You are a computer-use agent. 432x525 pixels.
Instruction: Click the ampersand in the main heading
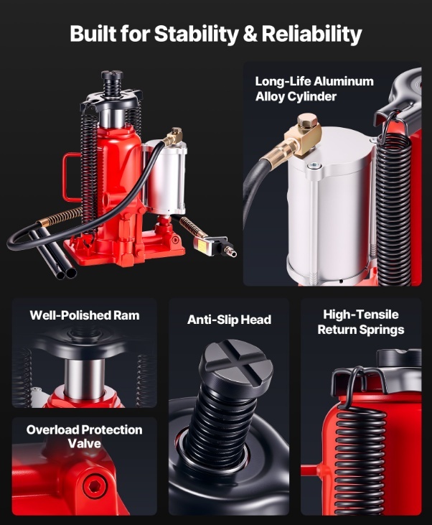(250, 34)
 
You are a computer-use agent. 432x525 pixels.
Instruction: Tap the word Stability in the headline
(196, 34)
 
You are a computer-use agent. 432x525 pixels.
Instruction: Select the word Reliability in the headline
(311, 34)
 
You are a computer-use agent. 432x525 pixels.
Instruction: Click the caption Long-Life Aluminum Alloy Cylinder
(314, 89)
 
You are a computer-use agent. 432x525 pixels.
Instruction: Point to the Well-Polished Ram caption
(85, 315)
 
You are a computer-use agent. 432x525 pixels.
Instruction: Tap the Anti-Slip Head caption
(229, 320)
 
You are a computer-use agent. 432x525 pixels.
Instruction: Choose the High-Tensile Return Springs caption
(361, 322)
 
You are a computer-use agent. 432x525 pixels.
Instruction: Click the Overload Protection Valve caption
(85, 437)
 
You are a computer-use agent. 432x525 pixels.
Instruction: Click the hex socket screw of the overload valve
(95, 485)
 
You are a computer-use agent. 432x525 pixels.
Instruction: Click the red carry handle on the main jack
(72, 177)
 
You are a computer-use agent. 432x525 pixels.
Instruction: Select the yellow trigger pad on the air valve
(202, 243)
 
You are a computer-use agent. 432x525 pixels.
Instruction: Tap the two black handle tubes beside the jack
(54, 254)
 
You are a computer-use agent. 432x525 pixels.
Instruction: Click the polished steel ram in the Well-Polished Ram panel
(85, 378)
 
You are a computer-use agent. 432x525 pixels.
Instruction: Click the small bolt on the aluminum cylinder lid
(314, 165)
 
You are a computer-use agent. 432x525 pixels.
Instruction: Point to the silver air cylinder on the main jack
(165, 177)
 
